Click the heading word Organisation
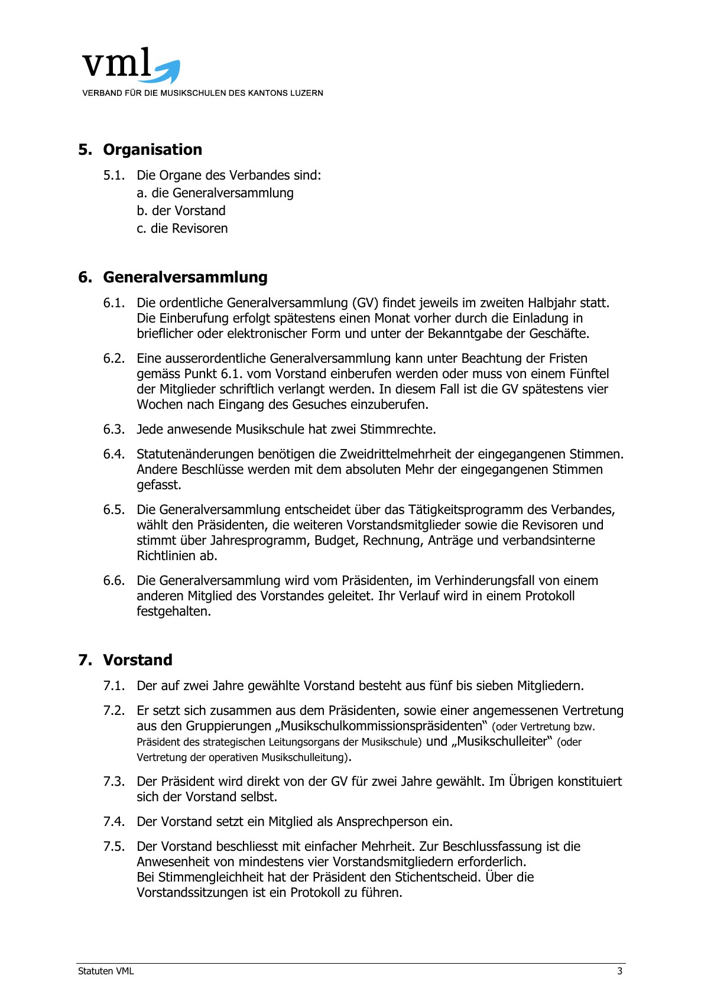pos(152,149)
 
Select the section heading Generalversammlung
pos(185,277)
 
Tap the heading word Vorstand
pos(138,660)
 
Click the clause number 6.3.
pos(114,430)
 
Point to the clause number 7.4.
pos(114,822)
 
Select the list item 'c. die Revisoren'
pos(182,229)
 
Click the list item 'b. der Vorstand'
pos(181,211)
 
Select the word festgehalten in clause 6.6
pos(173,612)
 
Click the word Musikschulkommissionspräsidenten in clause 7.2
pos(381,726)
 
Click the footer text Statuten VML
pos(106,971)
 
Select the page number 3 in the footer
pos(619,971)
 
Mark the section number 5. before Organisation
pos(85,149)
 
